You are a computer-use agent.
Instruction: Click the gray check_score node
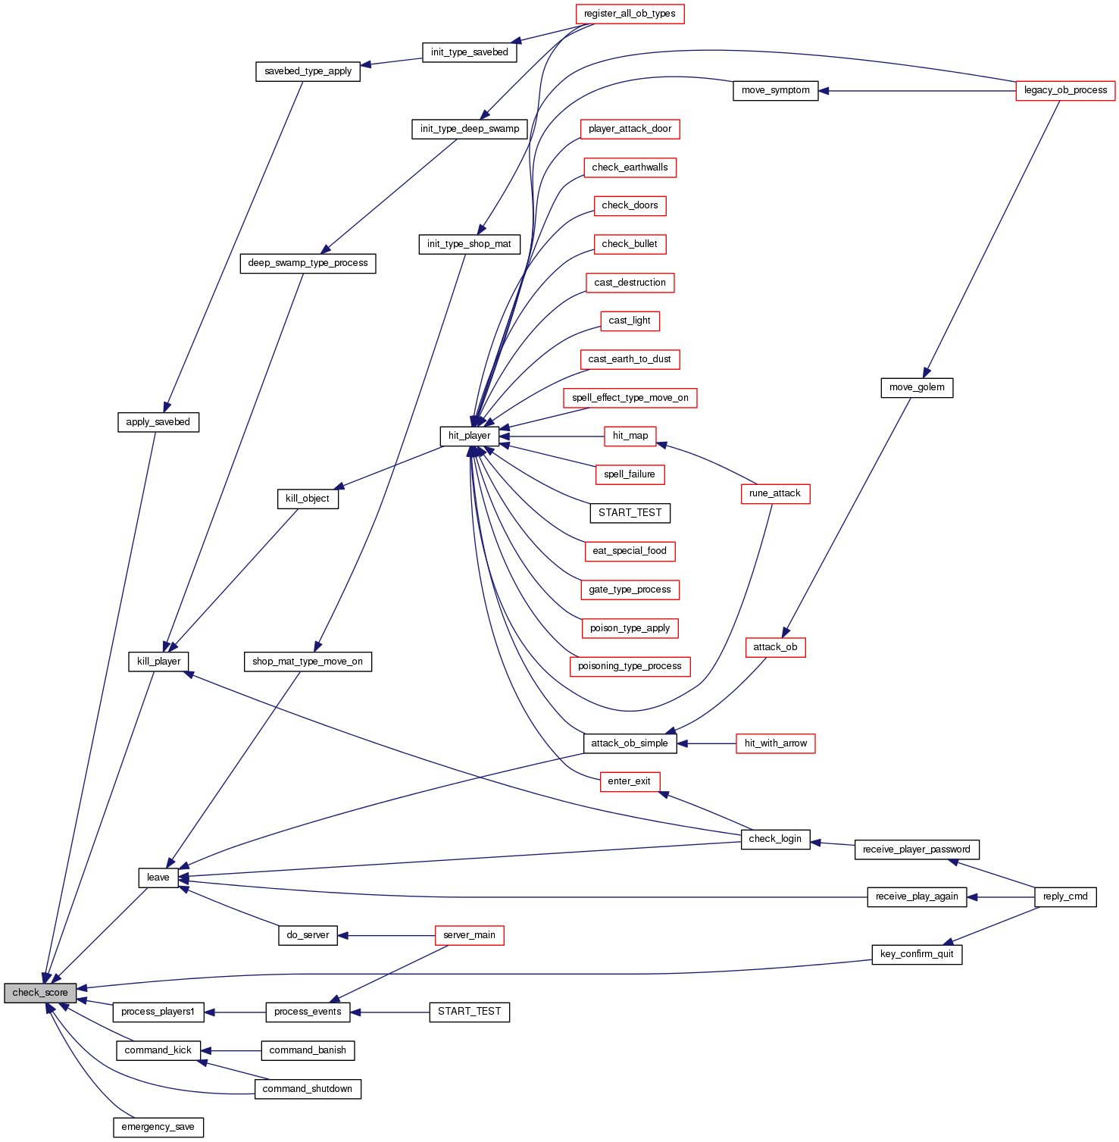point(40,993)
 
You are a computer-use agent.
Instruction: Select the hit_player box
point(469,436)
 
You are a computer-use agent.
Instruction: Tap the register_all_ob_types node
point(630,14)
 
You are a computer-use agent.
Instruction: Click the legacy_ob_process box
point(1065,90)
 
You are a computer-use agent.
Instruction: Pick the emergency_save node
point(158,1127)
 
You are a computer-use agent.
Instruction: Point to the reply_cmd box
point(1064,896)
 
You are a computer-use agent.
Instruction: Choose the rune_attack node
point(774,493)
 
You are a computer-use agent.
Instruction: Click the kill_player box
point(158,662)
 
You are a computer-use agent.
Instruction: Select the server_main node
point(469,935)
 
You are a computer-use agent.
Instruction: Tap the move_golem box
point(916,387)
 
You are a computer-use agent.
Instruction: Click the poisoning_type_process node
point(630,666)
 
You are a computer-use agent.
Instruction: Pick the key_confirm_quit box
point(917,954)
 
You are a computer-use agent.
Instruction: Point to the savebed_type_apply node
point(308,71)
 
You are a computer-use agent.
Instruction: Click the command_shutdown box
point(307,1089)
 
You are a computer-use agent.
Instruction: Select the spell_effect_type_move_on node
point(630,398)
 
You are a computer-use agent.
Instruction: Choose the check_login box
point(774,839)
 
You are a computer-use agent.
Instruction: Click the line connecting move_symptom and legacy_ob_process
point(917,91)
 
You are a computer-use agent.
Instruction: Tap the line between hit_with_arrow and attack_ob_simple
point(706,743)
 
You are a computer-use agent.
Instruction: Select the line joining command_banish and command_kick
point(231,1051)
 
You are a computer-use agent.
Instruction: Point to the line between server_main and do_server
point(386,936)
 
